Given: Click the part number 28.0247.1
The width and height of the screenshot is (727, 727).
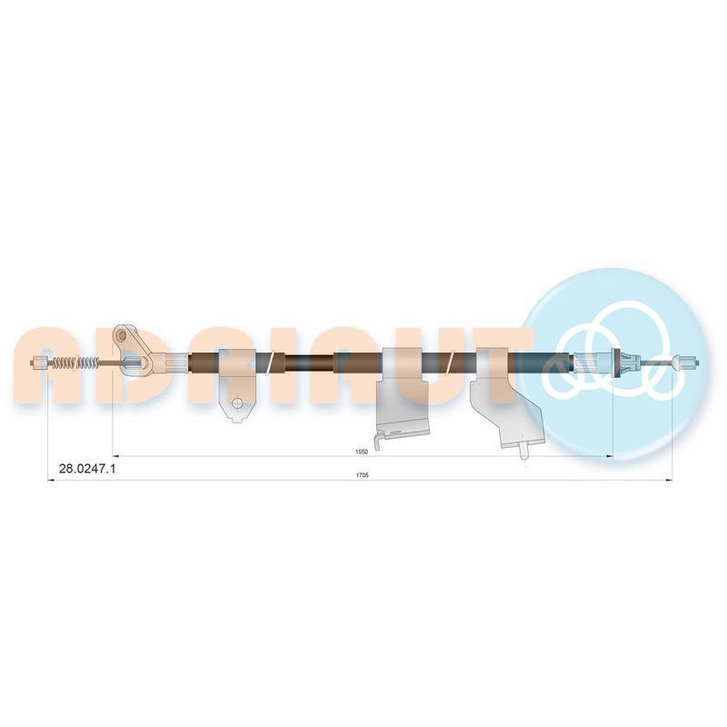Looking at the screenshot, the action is coord(87,469).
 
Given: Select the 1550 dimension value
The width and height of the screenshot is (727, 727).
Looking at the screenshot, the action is coord(362,451).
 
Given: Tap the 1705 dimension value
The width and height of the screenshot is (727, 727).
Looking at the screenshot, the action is coord(362,474).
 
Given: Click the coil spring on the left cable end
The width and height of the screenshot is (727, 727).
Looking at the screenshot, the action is coord(76,362).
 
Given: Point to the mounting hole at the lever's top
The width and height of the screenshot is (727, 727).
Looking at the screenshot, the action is coord(122,334).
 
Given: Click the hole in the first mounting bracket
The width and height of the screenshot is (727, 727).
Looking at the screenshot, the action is coord(237,403).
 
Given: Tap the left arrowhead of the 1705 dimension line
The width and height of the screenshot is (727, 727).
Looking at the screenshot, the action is coord(52,481).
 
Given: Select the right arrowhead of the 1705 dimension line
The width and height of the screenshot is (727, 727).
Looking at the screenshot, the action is coord(669,481).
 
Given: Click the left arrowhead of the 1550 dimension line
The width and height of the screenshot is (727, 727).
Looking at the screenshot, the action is coord(116,456).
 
